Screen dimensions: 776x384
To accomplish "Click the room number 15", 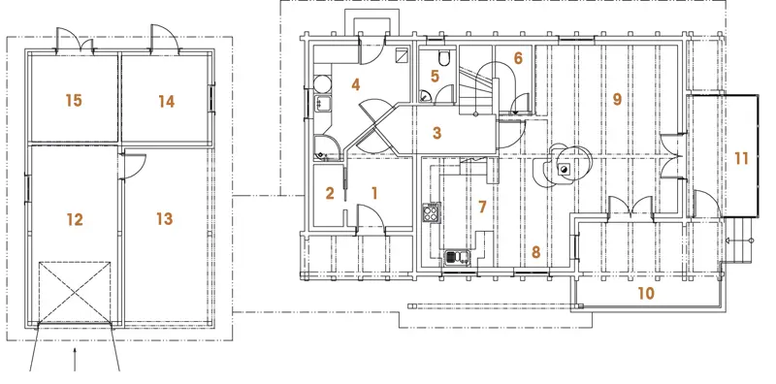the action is (x=74, y=101).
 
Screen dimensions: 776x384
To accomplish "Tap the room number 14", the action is (x=167, y=102).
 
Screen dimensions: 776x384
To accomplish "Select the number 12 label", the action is (x=75, y=219).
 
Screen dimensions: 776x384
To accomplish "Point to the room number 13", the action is (x=164, y=218).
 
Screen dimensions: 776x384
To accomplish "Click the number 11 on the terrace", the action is (x=741, y=159).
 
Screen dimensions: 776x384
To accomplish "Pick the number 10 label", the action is (x=646, y=294).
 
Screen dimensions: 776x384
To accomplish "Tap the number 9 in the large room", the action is (x=617, y=100).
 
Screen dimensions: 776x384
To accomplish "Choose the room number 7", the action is (x=482, y=207).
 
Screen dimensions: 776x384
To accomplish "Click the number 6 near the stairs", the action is (x=518, y=58).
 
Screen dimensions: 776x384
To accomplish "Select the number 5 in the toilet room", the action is (x=435, y=77).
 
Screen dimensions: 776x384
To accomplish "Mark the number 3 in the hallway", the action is (x=436, y=133).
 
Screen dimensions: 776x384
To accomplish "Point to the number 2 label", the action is (x=330, y=193).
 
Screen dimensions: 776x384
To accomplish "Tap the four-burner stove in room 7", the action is (x=431, y=212).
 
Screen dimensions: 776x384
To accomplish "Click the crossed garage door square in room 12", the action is (x=75, y=292).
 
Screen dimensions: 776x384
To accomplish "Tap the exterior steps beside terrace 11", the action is (x=738, y=240).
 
